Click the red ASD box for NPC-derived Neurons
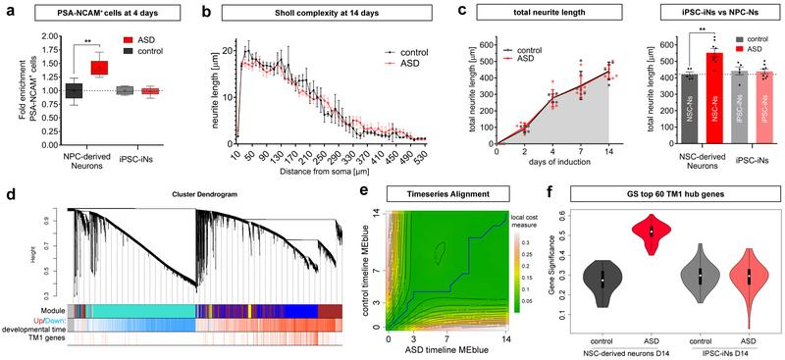(99, 68)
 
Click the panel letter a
(8, 10)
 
